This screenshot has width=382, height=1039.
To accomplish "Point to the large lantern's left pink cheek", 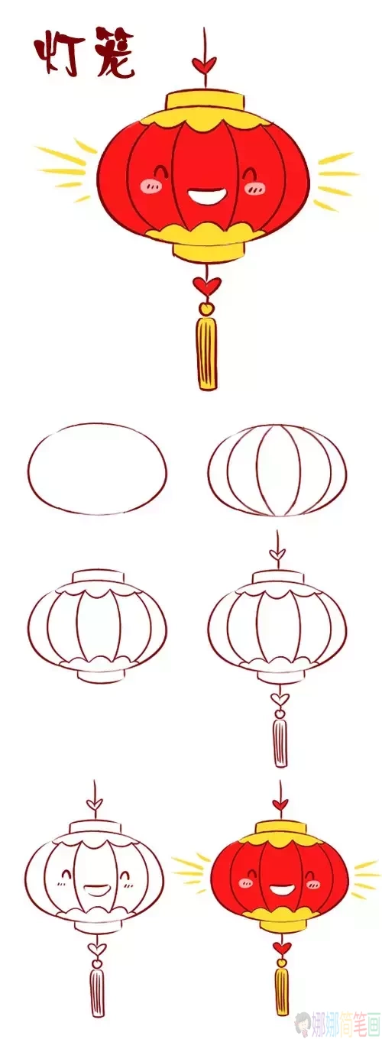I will click(x=150, y=186).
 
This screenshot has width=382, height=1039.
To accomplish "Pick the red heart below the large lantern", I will click(x=203, y=285).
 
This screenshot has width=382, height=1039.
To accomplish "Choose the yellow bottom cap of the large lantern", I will click(x=206, y=249).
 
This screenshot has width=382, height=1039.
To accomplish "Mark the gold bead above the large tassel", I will click(x=206, y=309).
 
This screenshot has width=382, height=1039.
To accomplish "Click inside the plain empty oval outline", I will click(x=97, y=468).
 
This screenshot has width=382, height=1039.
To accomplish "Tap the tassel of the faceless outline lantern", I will click(x=280, y=741).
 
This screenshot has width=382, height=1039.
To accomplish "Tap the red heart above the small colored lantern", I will click(x=280, y=803).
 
